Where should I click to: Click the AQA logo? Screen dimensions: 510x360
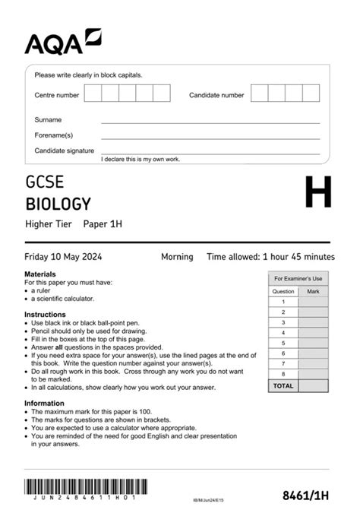pyautogui.click(x=62, y=43)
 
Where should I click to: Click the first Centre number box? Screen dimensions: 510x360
pyautogui.click(x=93, y=93)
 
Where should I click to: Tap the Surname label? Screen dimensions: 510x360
pyautogui.click(x=48, y=119)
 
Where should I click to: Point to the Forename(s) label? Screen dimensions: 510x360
pyautogui.click(x=53, y=135)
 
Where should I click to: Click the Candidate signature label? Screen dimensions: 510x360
pyautogui.click(x=63, y=150)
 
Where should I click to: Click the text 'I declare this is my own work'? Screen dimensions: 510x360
pyautogui.click(x=141, y=159)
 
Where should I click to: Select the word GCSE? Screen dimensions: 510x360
pyautogui.click(x=45, y=182)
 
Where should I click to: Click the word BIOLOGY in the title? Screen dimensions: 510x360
pyautogui.click(x=58, y=204)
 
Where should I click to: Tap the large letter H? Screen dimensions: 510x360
pyautogui.click(x=317, y=193)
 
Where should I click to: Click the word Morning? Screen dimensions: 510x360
pyautogui.click(x=177, y=257)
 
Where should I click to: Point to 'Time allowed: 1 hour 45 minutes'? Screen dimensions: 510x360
pyautogui.click(x=270, y=257)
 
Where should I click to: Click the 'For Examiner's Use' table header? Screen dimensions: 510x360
pyautogui.click(x=298, y=279)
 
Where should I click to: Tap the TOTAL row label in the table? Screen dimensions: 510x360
pyautogui.click(x=283, y=386)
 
